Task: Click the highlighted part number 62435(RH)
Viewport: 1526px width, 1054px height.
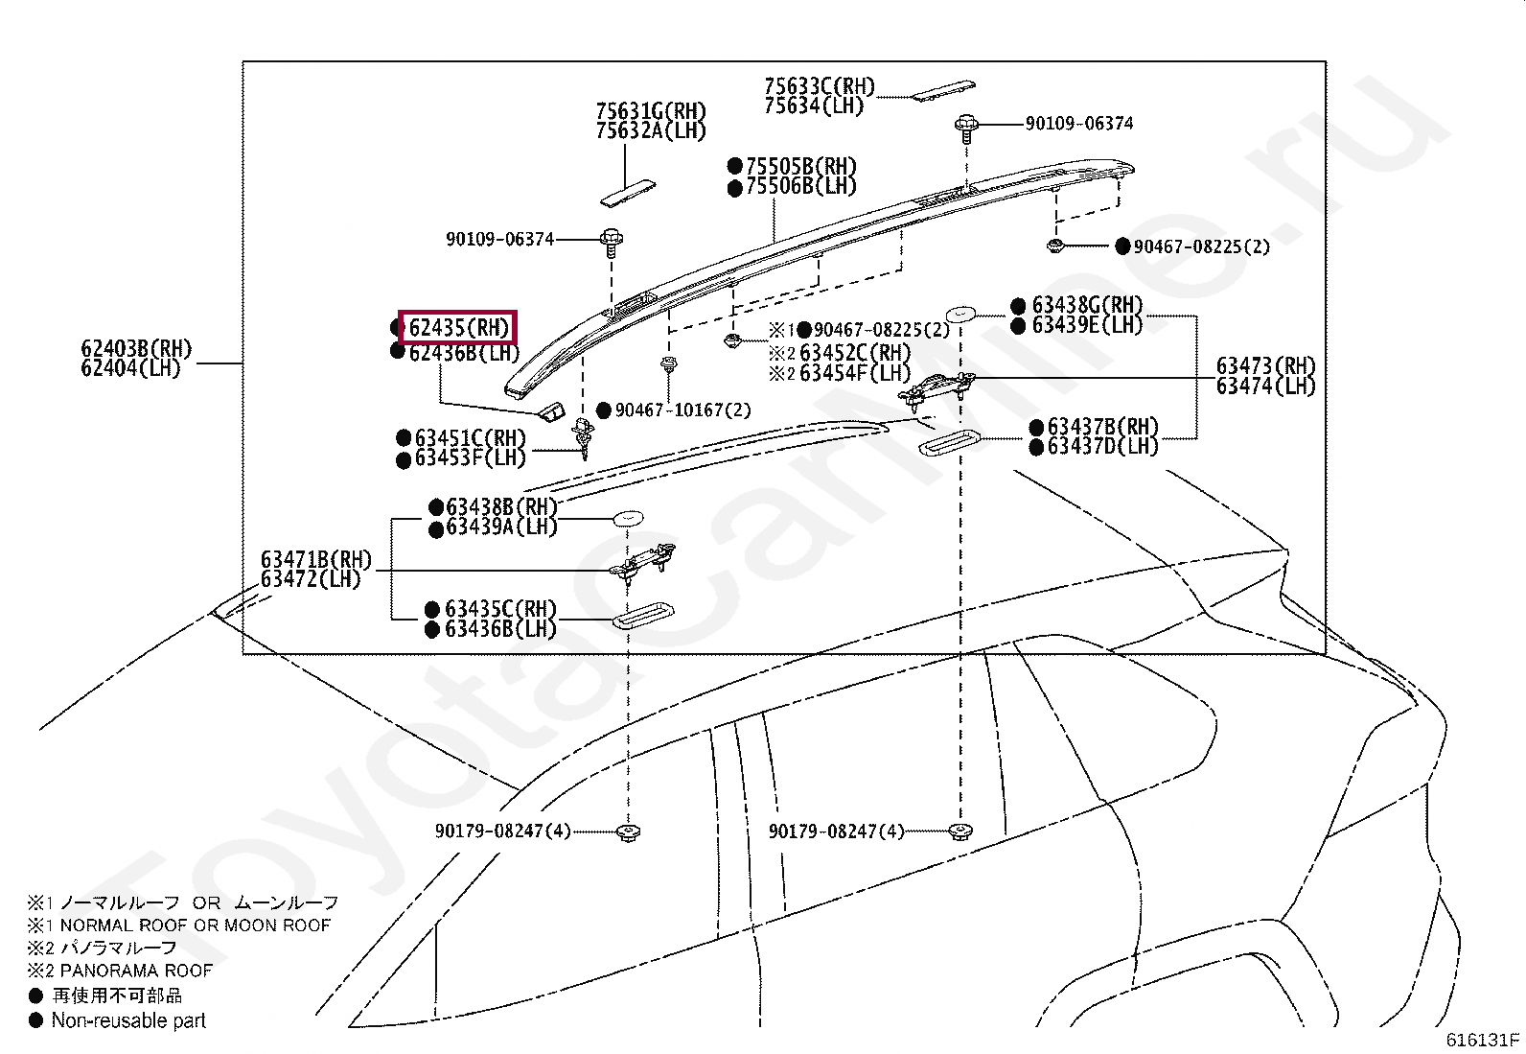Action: point(458,328)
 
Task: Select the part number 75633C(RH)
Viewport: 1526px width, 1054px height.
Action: point(820,86)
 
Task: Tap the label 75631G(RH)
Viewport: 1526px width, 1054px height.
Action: point(651,111)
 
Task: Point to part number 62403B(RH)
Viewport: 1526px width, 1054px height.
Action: point(136,348)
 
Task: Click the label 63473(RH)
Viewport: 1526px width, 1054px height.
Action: point(1265,365)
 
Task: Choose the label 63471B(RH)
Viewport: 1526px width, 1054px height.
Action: point(315,560)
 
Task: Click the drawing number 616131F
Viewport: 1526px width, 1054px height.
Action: point(1483,1039)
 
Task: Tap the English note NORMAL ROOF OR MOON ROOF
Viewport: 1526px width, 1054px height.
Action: point(195,925)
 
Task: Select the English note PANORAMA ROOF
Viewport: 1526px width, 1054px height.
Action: point(135,971)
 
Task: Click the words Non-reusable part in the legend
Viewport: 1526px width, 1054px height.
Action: point(128,1021)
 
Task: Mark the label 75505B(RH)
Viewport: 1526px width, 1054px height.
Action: point(801,166)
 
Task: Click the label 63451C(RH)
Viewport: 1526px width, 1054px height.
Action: point(471,437)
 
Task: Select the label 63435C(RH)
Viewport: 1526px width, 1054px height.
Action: point(500,609)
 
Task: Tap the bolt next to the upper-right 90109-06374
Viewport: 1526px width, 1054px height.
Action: point(966,126)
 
